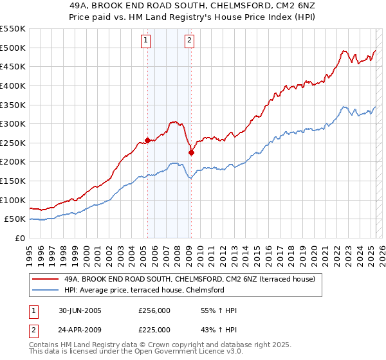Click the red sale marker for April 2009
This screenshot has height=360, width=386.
click(191, 152)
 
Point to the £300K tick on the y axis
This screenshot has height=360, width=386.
click(14, 123)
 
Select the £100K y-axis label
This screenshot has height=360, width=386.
click(14, 200)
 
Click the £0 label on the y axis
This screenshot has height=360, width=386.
click(20, 238)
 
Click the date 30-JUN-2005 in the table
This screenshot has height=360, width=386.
click(79, 311)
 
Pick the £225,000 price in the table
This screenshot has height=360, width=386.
click(154, 329)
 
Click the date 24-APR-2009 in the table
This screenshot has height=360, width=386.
click(79, 329)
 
